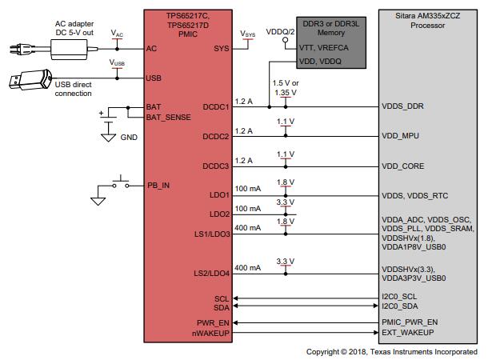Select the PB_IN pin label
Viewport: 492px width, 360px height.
(x=158, y=186)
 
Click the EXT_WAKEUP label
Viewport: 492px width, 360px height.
(x=409, y=332)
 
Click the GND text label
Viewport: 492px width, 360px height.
(x=128, y=138)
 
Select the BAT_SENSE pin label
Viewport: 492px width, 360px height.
(x=167, y=118)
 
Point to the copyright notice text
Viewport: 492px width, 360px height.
(x=391, y=352)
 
